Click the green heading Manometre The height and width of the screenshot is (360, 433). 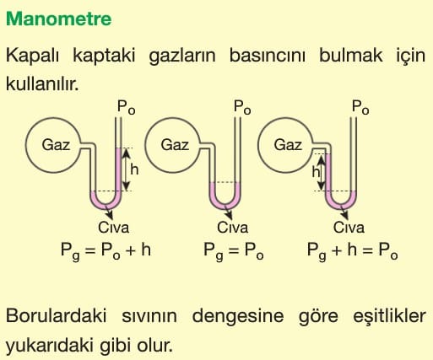[x=59, y=19]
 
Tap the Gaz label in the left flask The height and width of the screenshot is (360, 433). [x=56, y=145]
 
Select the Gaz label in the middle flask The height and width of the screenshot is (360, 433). [x=175, y=145]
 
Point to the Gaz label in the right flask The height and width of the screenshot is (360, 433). [x=288, y=145]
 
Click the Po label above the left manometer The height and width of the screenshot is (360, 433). [x=126, y=107]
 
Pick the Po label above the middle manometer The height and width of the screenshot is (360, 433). [x=242, y=107]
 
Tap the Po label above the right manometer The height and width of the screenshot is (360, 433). [x=360, y=107]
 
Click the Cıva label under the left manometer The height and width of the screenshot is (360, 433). [x=114, y=228]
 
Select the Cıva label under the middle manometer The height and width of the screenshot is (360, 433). [x=232, y=228]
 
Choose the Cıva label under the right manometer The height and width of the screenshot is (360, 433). [x=349, y=228]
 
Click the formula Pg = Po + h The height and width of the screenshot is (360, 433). [x=106, y=250]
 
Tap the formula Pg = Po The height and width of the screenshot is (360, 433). [x=234, y=250]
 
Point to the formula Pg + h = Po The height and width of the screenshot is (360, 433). [x=353, y=250]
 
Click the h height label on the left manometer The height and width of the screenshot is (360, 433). [x=134, y=169]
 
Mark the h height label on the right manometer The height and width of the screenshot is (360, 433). [x=317, y=171]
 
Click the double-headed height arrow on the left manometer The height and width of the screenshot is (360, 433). [x=127, y=169]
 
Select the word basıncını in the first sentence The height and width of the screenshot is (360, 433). [x=268, y=56]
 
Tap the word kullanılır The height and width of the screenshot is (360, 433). [x=42, y=83]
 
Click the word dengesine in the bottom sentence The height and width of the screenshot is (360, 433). [x=238, y=316]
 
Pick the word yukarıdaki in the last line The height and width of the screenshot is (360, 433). [x=50, y=345]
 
